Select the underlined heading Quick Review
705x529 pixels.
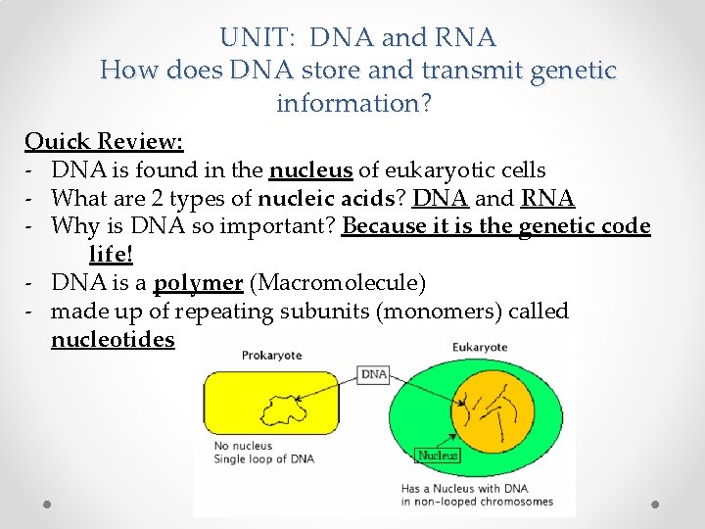pos(104,141)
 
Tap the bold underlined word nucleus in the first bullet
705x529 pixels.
pos(310,169)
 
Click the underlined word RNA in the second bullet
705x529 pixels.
pos(547,198)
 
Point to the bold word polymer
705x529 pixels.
pos(198,283)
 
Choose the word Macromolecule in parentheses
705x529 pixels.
pos(338,283)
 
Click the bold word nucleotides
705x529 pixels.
pos(113,339)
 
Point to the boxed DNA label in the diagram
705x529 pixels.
pos(374,374)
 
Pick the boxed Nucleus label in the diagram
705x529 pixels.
pos(438,455)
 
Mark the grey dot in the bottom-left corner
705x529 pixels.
pos(48,504)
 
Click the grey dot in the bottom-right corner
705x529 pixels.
pos(655,504)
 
